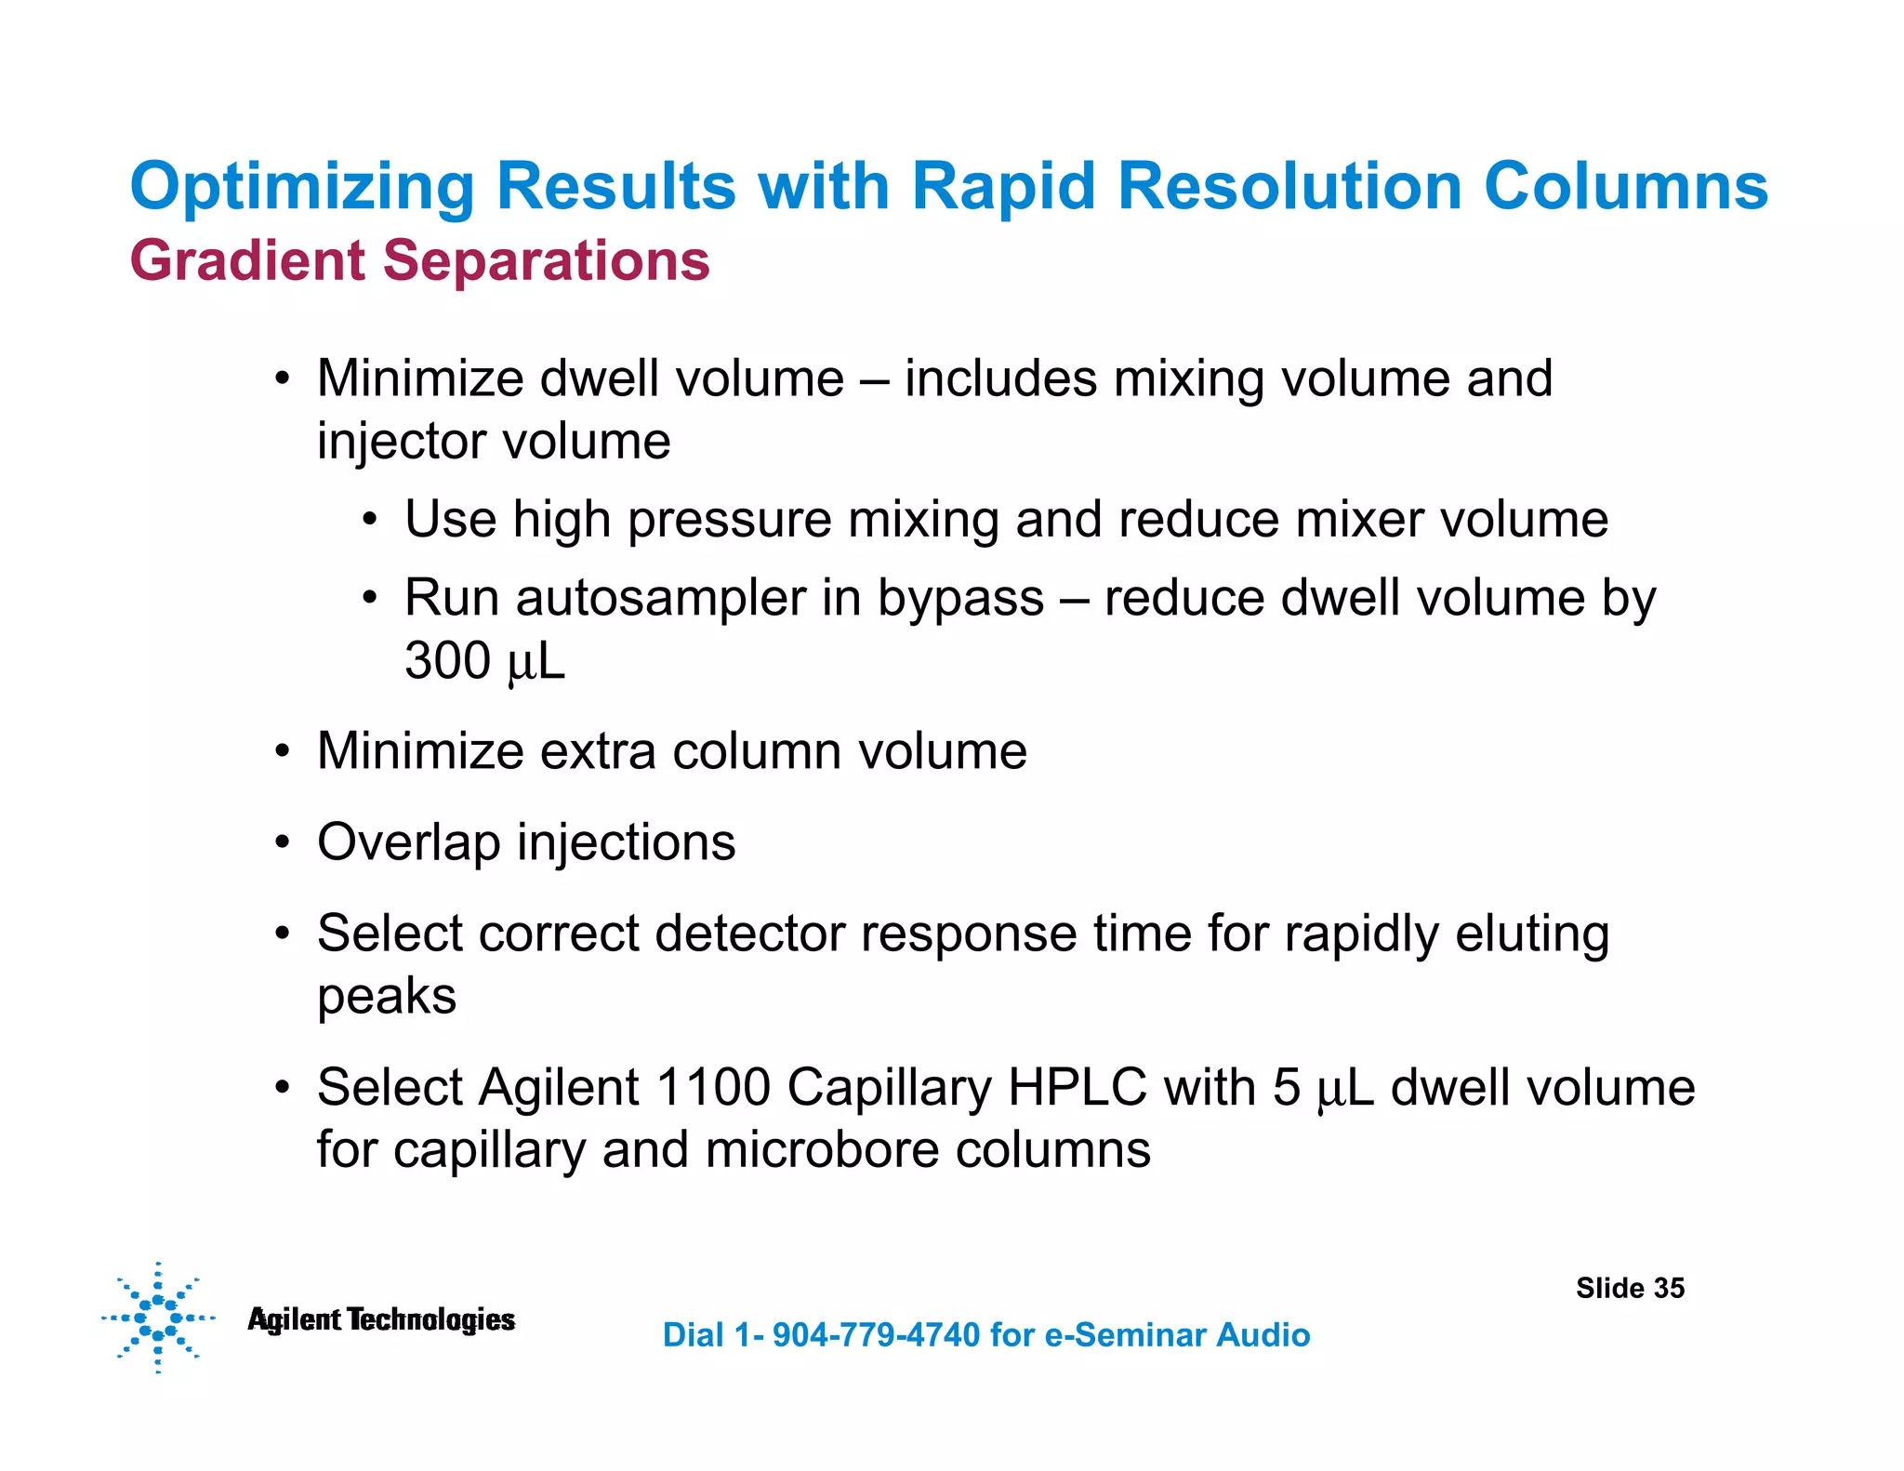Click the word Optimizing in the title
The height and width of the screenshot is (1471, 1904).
(x=302, y=188)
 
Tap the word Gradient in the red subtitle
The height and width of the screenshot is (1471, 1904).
(x=247, y=260)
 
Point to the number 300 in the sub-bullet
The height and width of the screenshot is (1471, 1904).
(x=447, y=661)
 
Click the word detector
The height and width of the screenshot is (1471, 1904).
(x=748, y=934)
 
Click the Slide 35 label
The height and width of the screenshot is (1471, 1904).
(x=1630, y=1288)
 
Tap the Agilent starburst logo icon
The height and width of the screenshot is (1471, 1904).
(x=158, y=1318)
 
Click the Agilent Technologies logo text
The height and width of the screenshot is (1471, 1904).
(x=381, y=1319)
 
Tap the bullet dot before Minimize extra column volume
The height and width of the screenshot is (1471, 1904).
(x=283, y=751)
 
